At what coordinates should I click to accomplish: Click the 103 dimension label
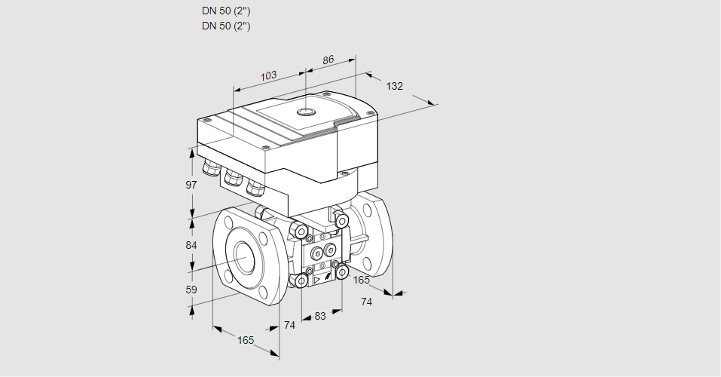(x=268, y=75)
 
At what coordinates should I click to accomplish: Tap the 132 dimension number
(x=394, y=86)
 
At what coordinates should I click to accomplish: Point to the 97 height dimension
(x=191, y=185)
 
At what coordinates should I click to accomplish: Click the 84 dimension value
(x=191, y=245)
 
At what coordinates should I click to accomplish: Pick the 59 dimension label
(x=191, y=290)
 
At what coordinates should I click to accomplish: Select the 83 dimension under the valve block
(x=320, y=316)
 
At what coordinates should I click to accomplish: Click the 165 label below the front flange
(x=246, y=340)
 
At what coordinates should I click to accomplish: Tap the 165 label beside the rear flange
(x=362, y=280)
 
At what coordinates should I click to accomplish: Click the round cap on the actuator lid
(x=305, y=112)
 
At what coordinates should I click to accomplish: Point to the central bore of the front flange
(x=244, y=258)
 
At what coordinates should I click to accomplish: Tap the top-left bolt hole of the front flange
(x=228, y=222)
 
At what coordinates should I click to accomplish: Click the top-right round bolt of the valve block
(x=341, y=220)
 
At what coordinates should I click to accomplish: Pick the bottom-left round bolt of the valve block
(x=301, y=281)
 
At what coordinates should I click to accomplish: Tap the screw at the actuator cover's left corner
(x=206, y=120)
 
